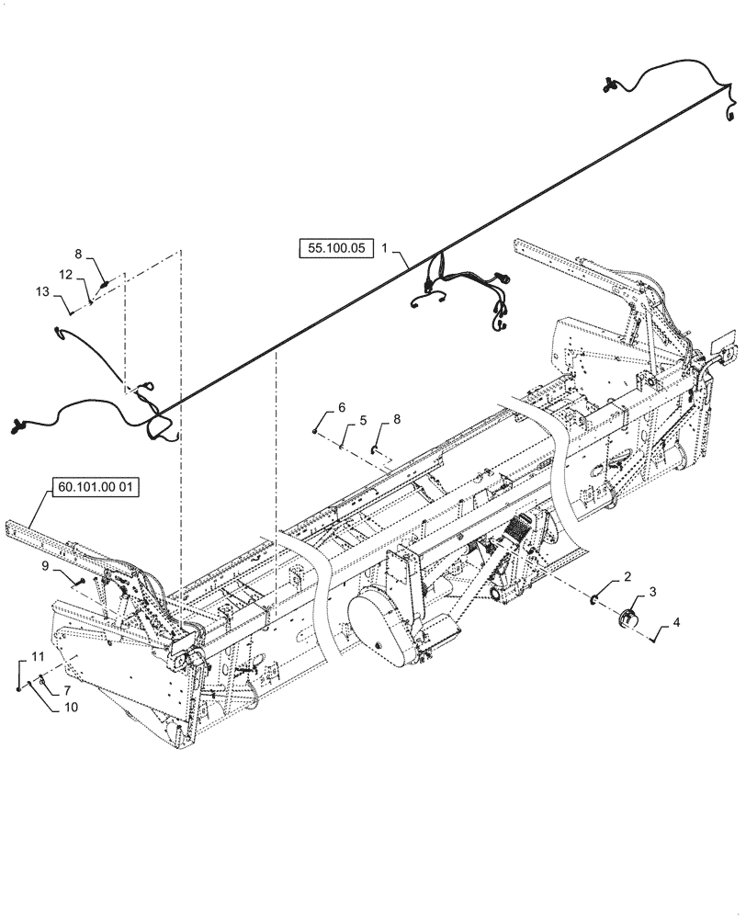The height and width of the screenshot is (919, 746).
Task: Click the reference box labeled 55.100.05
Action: pyautogui.click(x=333, y=247)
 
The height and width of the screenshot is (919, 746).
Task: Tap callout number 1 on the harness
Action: pyautogui.click(x=386, y=247)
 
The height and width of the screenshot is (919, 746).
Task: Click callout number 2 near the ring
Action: pyautogui.click(x=627, y=577)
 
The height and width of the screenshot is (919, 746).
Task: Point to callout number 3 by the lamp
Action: pyautogui.click(x=653, y=591)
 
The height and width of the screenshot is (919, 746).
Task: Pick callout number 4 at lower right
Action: pyautogui.click(x=677, y=622)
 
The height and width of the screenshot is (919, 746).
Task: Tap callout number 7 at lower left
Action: pyautogui.click(x=65, y=689)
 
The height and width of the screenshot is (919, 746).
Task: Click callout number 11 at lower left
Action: pyautogui.click(x=38, y=656)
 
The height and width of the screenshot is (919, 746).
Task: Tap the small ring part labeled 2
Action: pyautogui.click(x=595, y=601)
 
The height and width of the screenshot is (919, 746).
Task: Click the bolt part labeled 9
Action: pyautogui.click(x=82, y=583)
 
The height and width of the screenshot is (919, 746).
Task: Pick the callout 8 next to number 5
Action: pyautogui.click(x=396, y=419)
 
